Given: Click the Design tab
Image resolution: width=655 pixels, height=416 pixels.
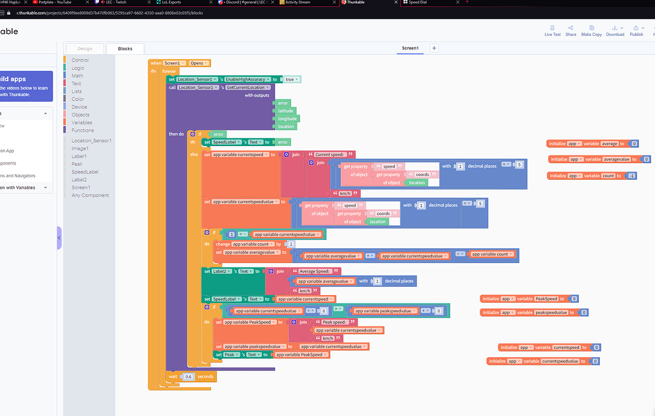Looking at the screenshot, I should (x=84, y=49).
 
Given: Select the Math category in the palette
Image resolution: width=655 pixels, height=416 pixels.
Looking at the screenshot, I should (x=77, y=76).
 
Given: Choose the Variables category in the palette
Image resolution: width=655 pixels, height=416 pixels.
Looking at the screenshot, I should (x=81, y=122).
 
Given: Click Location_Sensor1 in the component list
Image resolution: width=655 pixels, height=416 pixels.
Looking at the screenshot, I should (x=91, y=140).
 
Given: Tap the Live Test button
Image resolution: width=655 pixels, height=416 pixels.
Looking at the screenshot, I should (x=553, y=31).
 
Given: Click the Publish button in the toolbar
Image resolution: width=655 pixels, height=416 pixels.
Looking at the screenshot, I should (x=636, y=31).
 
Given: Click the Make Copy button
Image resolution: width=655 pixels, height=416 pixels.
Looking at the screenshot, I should (x=592, y=31).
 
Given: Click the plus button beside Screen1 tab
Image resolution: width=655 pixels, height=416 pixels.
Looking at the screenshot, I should (x=434, y=48).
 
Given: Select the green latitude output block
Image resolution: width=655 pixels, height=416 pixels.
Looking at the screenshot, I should (x=285, y=111).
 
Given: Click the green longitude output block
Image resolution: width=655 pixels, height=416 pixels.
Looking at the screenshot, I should (x=287, y=118).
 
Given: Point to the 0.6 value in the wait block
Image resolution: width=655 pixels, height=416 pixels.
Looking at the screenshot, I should (x=188, y=376).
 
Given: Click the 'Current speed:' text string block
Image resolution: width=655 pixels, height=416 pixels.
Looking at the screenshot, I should (x=331, y=154).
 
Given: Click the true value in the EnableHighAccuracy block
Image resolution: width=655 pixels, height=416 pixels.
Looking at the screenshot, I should (x=290, y=79).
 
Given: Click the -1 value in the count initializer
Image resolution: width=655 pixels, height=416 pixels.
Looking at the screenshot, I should (x=632, y=175).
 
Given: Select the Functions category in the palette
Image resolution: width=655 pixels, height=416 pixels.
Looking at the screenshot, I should (x=83, y=130).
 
